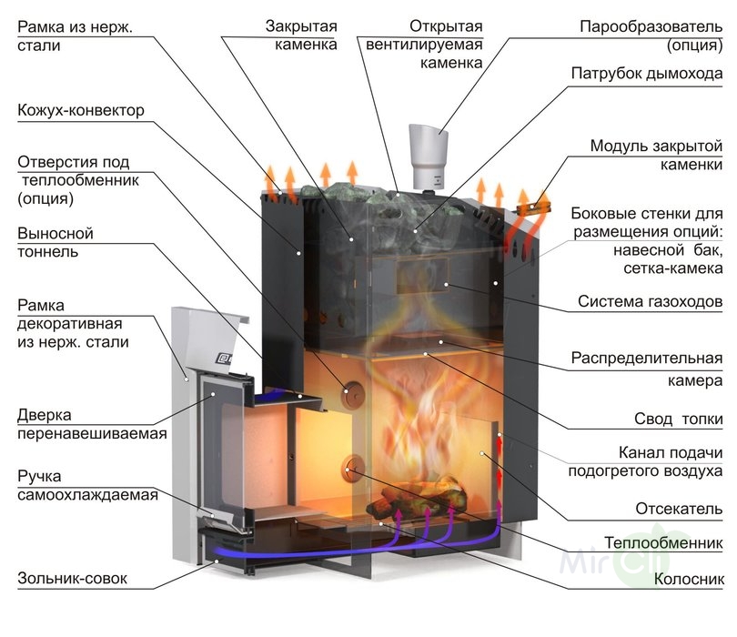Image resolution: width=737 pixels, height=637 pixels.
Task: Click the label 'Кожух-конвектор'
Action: tap(81, 111)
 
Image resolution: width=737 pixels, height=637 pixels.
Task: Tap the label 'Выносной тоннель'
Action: tap(55, 243)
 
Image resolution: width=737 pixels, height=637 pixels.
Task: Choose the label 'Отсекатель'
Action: tap(678, 508)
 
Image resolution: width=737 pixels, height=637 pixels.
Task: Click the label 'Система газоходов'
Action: tap(651, 301)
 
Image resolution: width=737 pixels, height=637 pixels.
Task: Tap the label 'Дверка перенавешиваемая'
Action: tap(91, 424)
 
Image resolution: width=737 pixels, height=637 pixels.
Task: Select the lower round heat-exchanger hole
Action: tap(351, 469)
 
